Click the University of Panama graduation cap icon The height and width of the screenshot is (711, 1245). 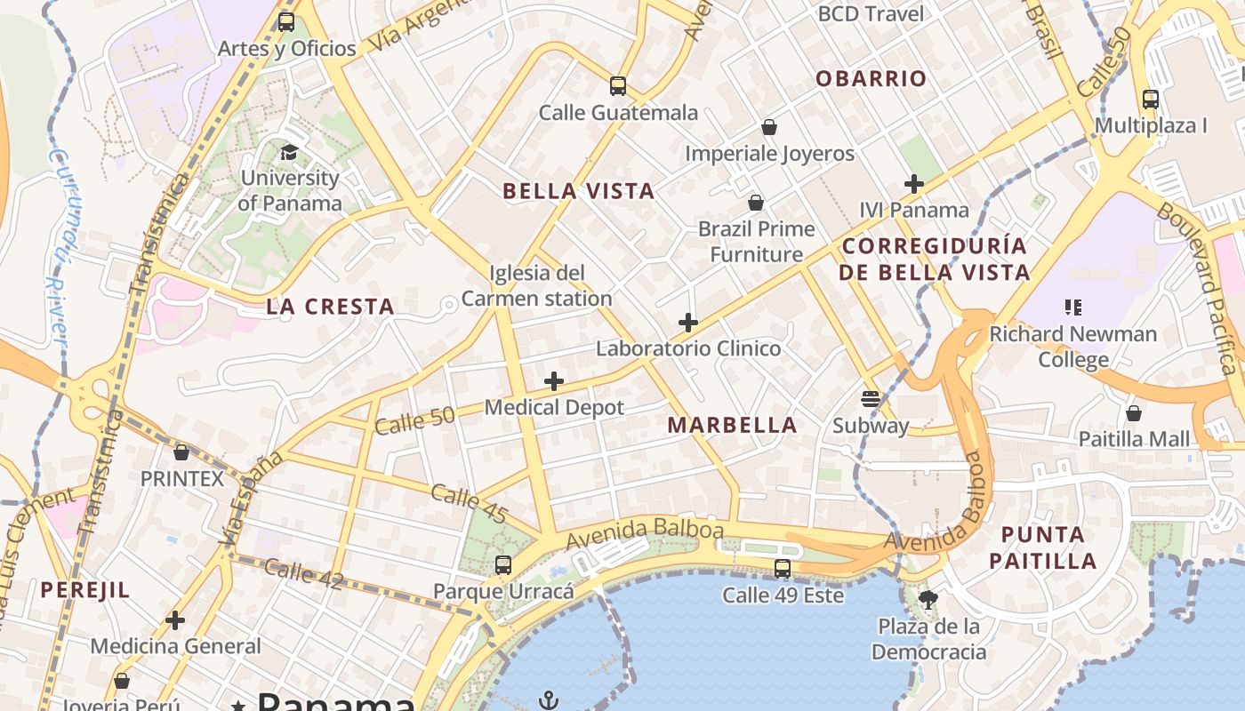tap(289, 153)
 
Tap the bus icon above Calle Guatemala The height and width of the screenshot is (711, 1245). tap(618, 86)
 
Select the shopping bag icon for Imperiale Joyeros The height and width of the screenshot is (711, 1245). tap(769, 127)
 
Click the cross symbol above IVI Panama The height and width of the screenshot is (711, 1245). tap(914, 184)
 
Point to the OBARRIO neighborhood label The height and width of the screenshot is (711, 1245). tap(871, 78)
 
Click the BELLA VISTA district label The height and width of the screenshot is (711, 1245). tap(579, 191)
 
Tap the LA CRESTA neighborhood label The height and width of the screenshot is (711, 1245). tap(330, 308)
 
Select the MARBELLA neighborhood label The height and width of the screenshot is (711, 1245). tap(732, 425)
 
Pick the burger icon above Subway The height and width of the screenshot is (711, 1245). tap(871, 399)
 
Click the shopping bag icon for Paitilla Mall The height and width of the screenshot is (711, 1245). tap(1134, 413)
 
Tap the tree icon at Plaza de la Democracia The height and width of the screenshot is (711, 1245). tap(928, 600)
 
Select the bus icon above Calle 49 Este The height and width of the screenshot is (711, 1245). tap(783, 569)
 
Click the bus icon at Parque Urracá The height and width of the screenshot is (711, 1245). tap(503, 565)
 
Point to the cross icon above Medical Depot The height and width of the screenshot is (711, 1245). tap(554, 381)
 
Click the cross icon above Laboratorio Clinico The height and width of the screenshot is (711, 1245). tap(687, 322)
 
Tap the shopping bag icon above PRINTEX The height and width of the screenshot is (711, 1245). tap(182, 452)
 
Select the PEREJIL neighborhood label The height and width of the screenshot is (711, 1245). tap(85, 590)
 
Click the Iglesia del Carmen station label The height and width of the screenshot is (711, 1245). tap(537, 285)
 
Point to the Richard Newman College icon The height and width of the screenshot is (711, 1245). tap(1073, 308)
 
